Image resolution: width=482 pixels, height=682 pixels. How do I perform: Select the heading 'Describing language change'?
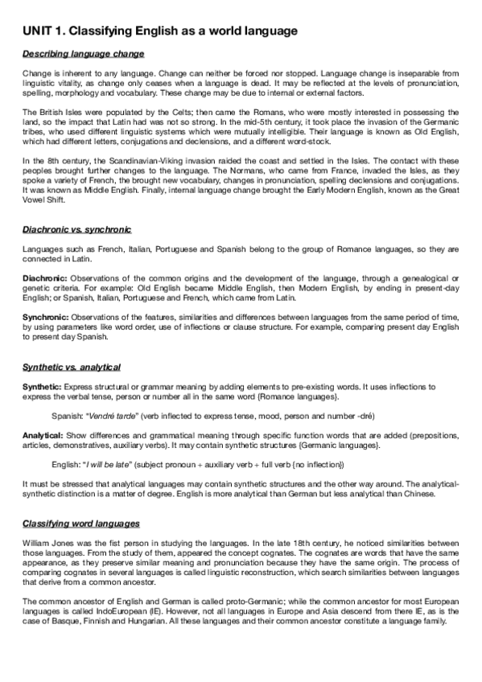click(84, 54)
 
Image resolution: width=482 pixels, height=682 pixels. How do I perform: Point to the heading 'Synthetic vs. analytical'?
click(72, 368)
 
